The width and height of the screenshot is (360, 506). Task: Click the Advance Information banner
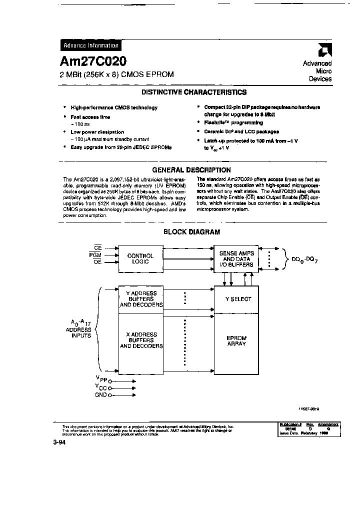point(90,45)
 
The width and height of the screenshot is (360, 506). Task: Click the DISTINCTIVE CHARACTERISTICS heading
point(193,92)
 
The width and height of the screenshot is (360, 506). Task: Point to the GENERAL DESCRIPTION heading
point(191,170)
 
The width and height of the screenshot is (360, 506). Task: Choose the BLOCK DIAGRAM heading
point(192,232)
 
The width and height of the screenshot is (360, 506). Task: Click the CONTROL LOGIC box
point(140,258)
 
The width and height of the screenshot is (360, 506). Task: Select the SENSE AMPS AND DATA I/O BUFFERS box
point(236,259)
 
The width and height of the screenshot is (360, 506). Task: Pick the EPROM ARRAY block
point(236,341)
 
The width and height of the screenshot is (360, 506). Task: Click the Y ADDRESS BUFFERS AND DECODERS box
point(141,299)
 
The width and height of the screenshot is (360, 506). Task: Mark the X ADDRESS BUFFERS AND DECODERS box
point(141,340)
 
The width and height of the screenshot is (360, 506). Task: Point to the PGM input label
point(95,255)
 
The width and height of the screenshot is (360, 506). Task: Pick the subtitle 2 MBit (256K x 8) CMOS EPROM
point(117,74)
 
